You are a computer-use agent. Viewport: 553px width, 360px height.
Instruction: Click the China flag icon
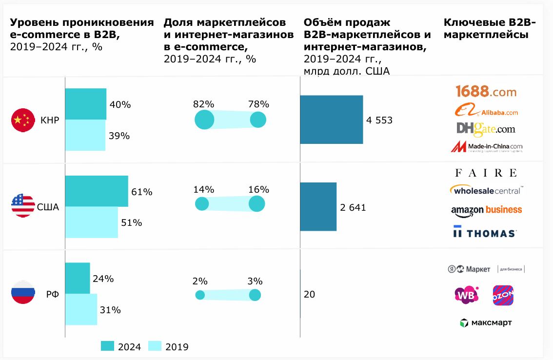click(x=23, y=120)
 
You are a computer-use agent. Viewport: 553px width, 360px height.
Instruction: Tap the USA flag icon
click(x=23, y=205)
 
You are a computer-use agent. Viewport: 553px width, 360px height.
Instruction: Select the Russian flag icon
click(x=23, y=293)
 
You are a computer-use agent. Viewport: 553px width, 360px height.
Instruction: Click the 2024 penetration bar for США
click(x=96, y=191)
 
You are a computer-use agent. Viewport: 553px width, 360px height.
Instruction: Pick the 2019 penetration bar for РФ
click(x=81, y=309)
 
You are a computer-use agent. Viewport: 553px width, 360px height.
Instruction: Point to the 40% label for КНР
click(x=120, y=105)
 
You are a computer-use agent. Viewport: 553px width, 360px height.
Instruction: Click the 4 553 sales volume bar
click(x=331, y=120)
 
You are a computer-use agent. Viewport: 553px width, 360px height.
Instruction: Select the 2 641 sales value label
click(x=353, y=208)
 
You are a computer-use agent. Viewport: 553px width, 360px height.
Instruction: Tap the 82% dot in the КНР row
click(x=204, y=120)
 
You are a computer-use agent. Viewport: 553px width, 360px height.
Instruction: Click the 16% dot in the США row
click(x=257, y=204)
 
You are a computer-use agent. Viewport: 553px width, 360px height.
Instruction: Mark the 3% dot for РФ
click(x=255, y=295)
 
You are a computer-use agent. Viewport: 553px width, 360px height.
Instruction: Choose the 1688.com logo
click(x=486, y=91)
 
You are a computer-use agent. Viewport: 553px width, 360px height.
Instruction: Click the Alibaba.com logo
click(x=486, y=111)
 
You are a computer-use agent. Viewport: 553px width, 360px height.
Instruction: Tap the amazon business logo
click(x=486, y=210)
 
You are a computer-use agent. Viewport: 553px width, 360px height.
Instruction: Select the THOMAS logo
click(x=484, y=232)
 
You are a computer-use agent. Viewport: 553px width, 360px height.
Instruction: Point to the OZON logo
click(x=503, y=295)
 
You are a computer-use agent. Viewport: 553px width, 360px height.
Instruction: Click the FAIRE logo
click(x=485, y=173)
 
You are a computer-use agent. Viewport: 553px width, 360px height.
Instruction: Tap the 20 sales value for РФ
click(x=309, y=294)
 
